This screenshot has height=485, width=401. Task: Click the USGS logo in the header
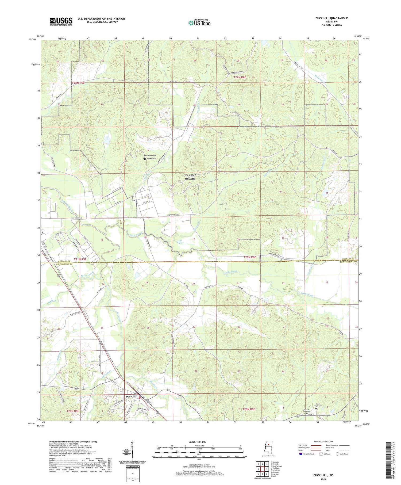tap(61, 21)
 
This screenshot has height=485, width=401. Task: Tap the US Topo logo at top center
tap(199, 23)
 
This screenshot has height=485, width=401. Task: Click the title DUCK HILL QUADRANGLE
tap(331, 18)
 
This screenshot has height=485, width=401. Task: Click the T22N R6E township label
tap(240, 77)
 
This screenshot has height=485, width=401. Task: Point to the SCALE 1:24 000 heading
tap(197, 442)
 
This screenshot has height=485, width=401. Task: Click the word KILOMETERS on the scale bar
tap(199, 446)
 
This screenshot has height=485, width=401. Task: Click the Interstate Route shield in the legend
tap(301, 454)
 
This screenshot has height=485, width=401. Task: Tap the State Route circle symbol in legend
tap(337, 454)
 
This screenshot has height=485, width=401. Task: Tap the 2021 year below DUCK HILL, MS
tap(323, 479)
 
